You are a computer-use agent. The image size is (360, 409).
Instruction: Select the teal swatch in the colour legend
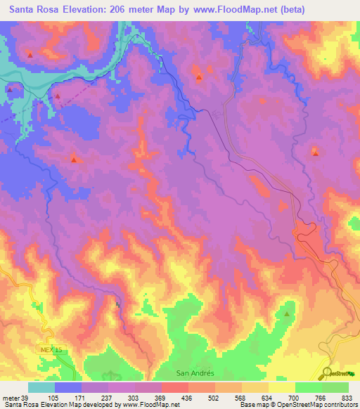tap(41, 387)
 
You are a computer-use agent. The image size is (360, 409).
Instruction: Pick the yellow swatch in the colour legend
tap(281, 387)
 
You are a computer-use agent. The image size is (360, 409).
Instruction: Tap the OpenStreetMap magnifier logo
tap(326, 373)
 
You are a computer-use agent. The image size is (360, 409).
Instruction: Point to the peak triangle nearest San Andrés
tap(287, 314)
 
